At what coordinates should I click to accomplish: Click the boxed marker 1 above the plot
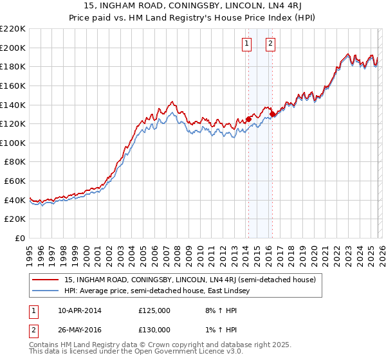coord(246,44)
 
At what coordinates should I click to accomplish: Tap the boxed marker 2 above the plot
coord(270,44)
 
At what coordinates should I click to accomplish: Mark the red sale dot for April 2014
coord(248,119)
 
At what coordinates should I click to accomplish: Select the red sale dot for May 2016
coord(272,114)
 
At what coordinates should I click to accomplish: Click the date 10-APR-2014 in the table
coord(80,310)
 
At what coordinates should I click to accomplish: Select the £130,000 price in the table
coord(154,330)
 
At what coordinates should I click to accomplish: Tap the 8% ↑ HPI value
coord(216,310)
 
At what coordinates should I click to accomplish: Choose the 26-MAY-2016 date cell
coord(80,330)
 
